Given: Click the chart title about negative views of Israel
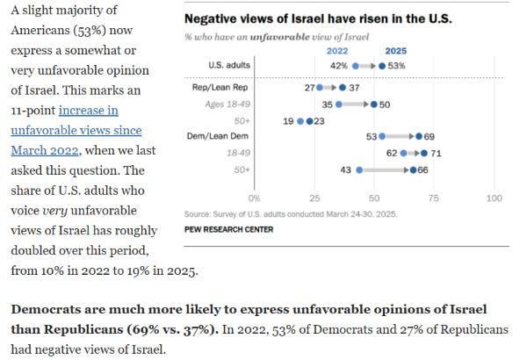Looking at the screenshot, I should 318,19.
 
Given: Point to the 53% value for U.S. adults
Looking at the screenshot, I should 397,66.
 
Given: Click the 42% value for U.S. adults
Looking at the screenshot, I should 338,66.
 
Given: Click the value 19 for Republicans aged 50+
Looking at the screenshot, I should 289,120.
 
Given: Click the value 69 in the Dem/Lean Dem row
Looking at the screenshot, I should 430,137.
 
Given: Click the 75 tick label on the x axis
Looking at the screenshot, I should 434,198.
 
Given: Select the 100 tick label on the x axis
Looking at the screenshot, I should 494,198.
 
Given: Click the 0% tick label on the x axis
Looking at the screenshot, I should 255,198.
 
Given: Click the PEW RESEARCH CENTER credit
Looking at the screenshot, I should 228,229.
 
